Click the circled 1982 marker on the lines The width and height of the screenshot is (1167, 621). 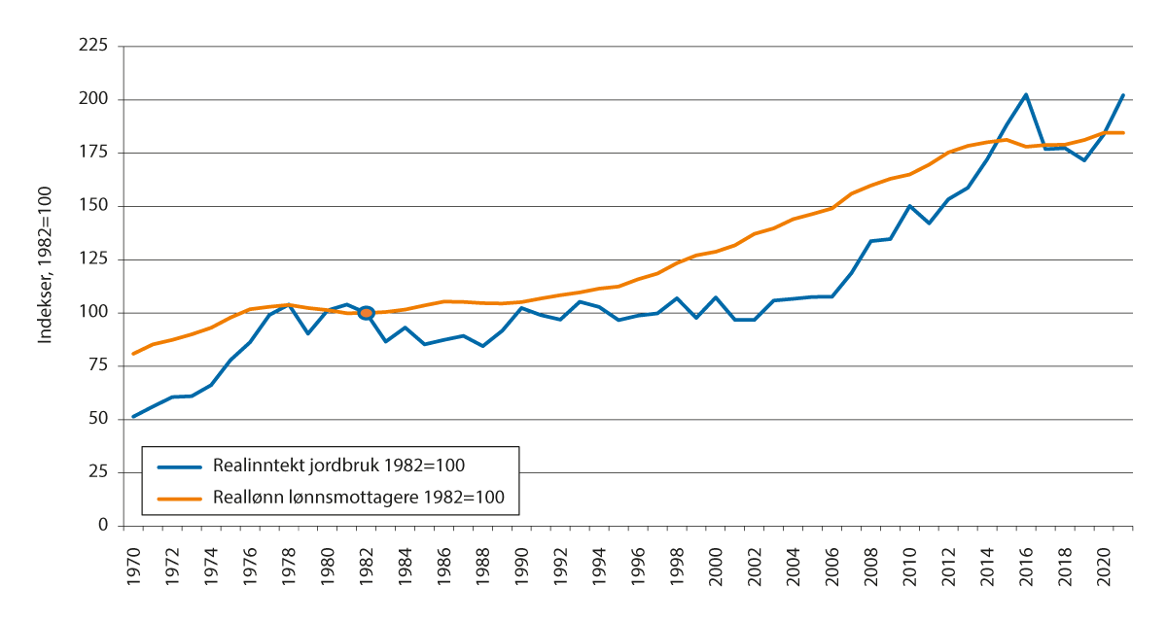[366, 313]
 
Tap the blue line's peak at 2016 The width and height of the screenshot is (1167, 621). [1026, 94]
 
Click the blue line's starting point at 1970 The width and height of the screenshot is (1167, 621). [133, 417]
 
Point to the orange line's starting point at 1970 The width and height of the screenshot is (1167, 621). [133, 354]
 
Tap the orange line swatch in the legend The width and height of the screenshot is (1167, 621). [182, 498]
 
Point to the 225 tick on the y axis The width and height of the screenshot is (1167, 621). [93, 46]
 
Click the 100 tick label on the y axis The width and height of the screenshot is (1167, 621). [93, 313]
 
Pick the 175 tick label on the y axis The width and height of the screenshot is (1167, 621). [93, 153]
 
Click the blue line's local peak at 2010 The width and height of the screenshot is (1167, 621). [909, 206]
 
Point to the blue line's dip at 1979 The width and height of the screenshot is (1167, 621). [308, 333]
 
